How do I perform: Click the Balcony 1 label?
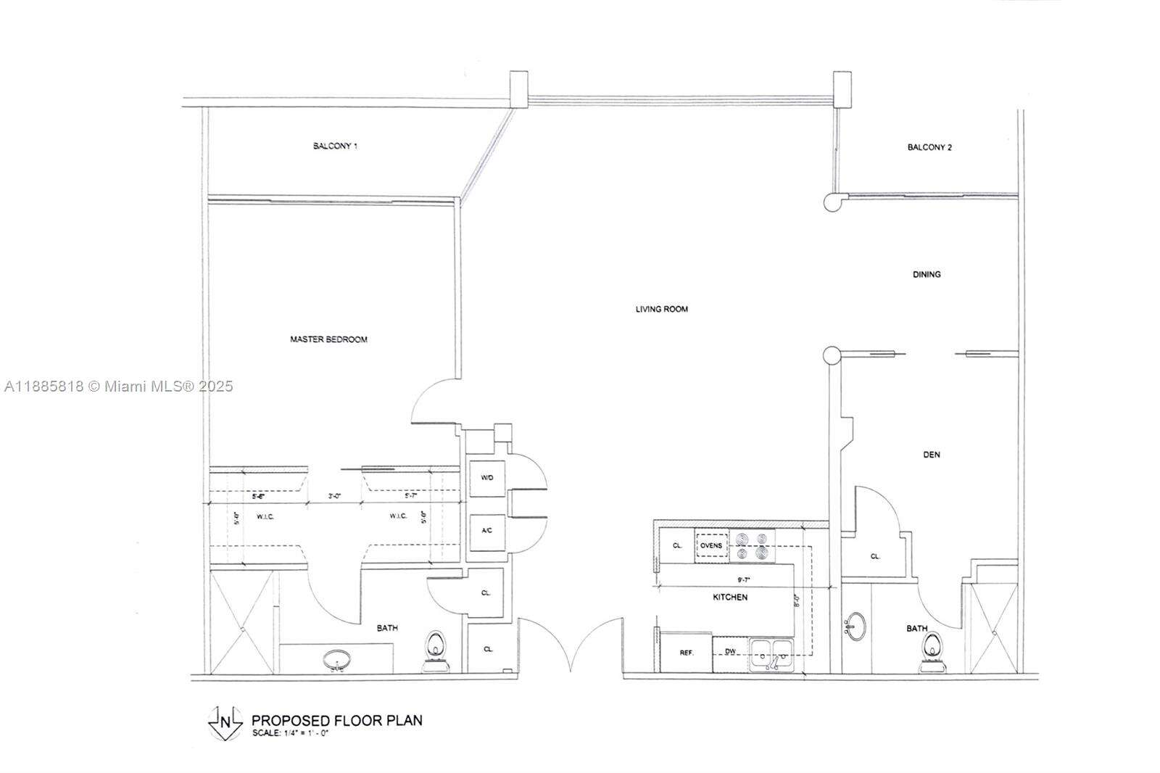pos(335,146)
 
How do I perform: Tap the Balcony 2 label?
pos(929,147)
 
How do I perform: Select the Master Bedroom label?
pos(328,339)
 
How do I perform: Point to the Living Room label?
pos(661,309)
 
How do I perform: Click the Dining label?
pos(927,274)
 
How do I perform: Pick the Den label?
pos(932,455)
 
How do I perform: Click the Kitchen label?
pos(729,597)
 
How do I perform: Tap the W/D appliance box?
pos(487,479)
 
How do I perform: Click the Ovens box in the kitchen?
pos(711,545)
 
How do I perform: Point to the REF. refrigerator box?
pos(686,653)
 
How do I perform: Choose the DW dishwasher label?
pos(731,652)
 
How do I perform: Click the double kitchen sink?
pos(772,654)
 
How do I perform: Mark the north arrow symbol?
pos(224,722)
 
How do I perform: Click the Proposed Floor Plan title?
pos(336,720)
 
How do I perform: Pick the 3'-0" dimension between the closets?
pos(334,496)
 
